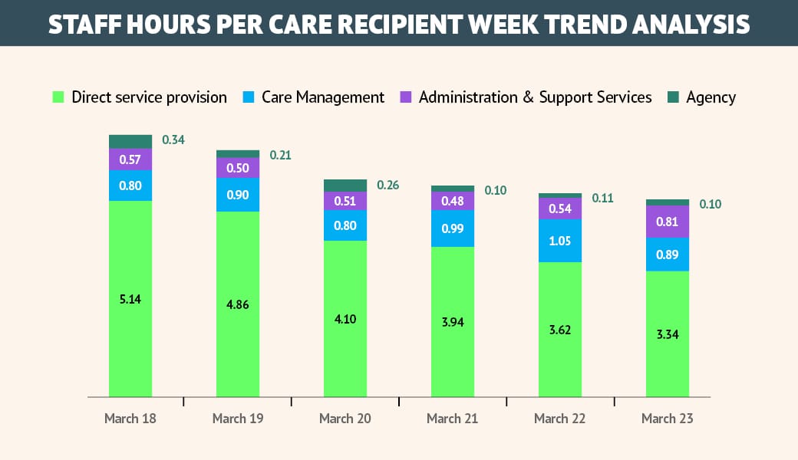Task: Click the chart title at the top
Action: click(399, 24)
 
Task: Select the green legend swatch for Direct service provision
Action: click(58, 97)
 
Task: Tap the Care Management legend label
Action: click(322, 97)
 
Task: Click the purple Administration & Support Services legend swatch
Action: click(406, 97)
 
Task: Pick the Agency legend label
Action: click(711, 97)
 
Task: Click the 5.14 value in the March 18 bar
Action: click(130, 299)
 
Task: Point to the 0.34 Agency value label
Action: click(173, 140)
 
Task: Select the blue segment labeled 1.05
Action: click(560, 241)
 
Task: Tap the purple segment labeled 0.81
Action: click(668, 222)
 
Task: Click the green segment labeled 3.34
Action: click(668, 334)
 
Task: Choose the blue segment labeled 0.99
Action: click(453, 228)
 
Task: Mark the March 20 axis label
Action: click(345, 419)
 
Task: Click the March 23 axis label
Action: click(668, 419)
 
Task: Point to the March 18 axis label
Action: click(130, 419)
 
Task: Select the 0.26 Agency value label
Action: click(388, 186)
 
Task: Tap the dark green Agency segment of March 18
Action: click(130, 141)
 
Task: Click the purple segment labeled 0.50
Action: click(238, 168)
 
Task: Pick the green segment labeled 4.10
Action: click(345, 318)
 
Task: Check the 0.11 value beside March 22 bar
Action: click(603, 198)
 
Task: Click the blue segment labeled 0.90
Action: click(238, 195)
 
